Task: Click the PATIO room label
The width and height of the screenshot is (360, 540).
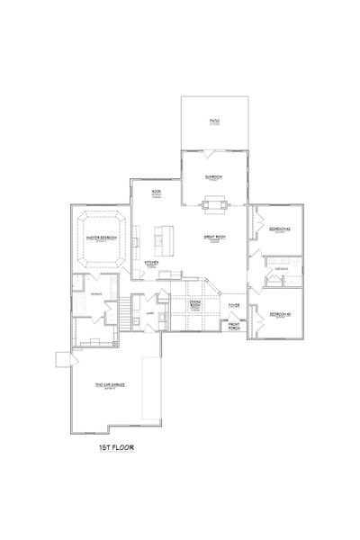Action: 215,120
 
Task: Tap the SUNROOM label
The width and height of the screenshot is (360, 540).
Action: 214,178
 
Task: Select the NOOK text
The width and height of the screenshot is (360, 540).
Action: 156,192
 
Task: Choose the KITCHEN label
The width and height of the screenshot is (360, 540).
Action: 152,263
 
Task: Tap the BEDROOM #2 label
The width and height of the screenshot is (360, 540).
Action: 278,229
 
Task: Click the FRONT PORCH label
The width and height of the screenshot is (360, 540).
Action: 233,325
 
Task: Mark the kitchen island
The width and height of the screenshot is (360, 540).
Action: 162,238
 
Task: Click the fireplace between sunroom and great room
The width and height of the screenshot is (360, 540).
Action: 214,208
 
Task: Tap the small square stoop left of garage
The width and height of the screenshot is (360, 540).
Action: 62,359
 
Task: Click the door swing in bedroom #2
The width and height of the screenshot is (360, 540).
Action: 258,218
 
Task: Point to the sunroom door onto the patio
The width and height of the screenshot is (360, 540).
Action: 214,148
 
